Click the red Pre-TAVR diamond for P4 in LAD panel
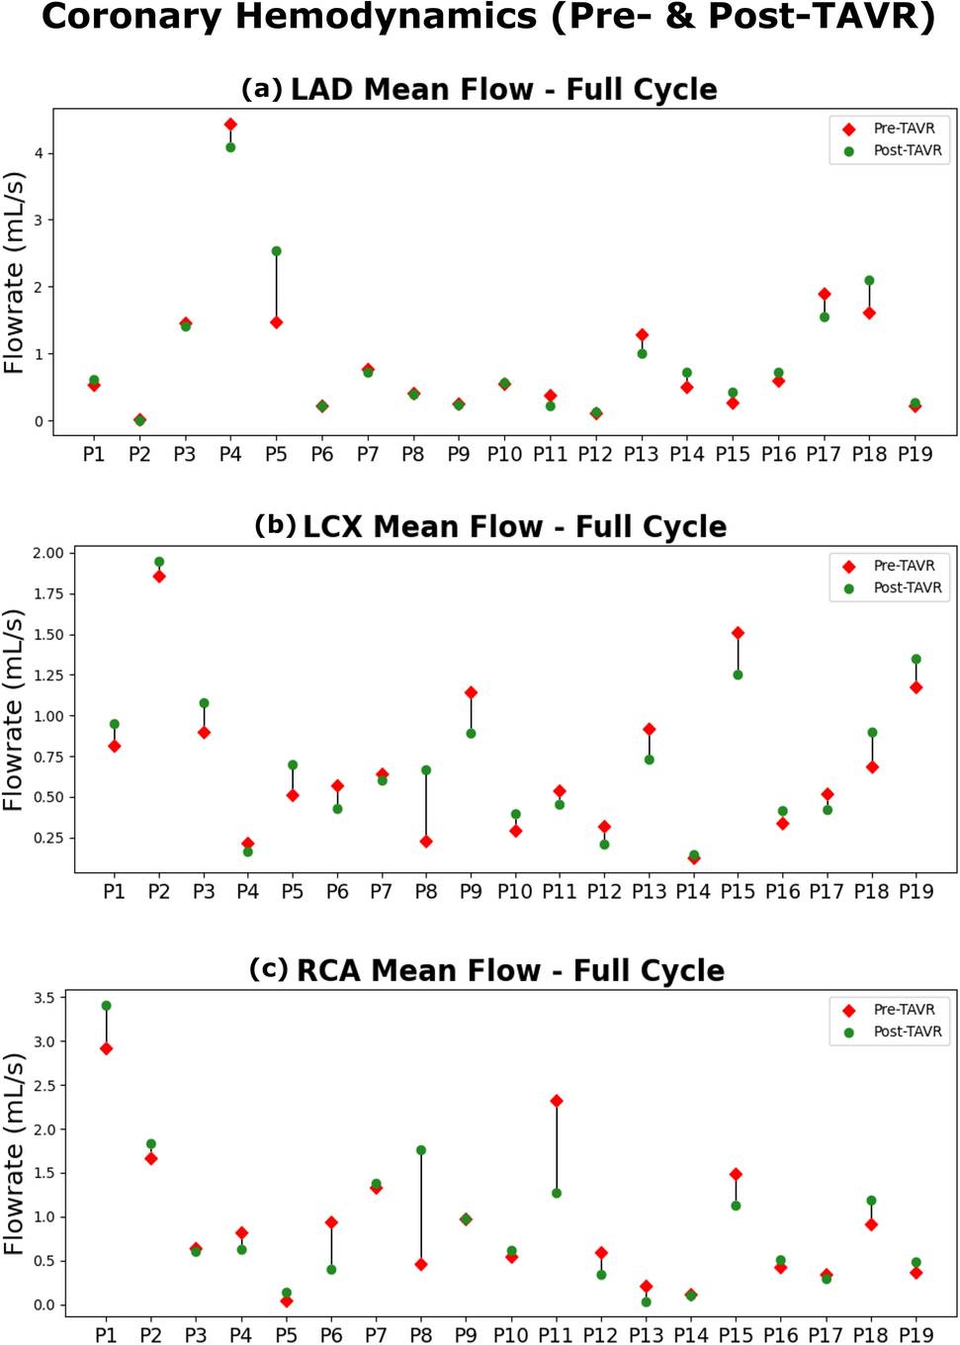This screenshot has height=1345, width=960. [x=230, y=125]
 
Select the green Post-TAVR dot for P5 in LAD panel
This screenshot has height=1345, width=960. [x=277, y=251]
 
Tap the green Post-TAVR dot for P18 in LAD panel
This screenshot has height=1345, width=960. [x=869, y=281]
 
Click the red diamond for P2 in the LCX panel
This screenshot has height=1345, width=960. [x=159, y=577]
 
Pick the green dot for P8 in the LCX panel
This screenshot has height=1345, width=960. [x=426, y=770]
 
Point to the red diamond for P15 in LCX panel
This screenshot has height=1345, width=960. [x=738, y=633]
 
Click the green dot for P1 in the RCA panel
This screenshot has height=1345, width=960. [x=106, y=1006]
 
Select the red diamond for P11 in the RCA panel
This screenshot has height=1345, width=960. [x=557, y=1101]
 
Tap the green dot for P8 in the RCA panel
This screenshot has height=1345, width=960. [x=421, y=1150]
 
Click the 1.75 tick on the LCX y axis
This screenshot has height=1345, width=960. [x=47, y=593]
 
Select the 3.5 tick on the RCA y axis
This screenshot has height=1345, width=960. [x=44, y=998]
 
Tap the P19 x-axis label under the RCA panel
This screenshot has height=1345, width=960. [x=916, y=1334]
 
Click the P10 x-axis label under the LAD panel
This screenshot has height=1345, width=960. [x=504, y=454]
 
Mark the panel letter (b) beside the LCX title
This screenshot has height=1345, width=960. [x=275, y=525]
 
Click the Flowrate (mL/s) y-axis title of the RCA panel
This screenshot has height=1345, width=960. [x=14, y=1153]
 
